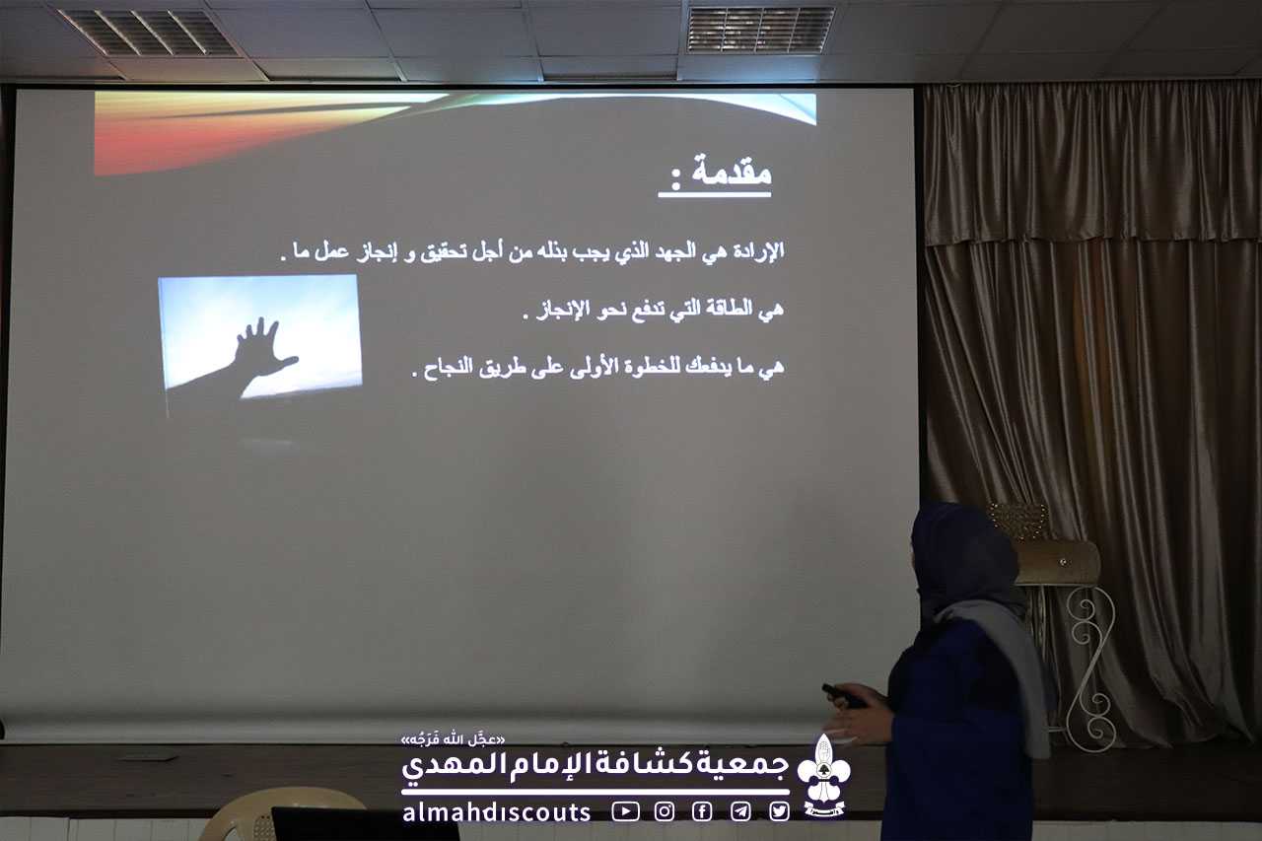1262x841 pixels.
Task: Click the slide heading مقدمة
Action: tap(732, 170)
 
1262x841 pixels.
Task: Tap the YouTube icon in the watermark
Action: tap(625, 811)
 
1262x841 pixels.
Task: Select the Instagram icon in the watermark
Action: tap(665, 811)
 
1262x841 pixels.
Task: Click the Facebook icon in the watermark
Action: tap(702, 811)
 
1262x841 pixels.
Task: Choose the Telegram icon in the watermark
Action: tap(740, 811)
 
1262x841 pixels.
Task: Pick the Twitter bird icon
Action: tap(779, 811)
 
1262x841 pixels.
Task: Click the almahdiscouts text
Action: tap(496, 812)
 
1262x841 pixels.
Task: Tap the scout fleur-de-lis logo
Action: tap(823, 775)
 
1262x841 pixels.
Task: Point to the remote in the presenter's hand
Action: tap(843, 696)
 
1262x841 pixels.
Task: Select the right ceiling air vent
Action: tap(760, 30)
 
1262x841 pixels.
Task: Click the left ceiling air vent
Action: tap(149, 33)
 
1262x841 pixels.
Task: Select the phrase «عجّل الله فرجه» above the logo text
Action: tap(453, 740)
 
